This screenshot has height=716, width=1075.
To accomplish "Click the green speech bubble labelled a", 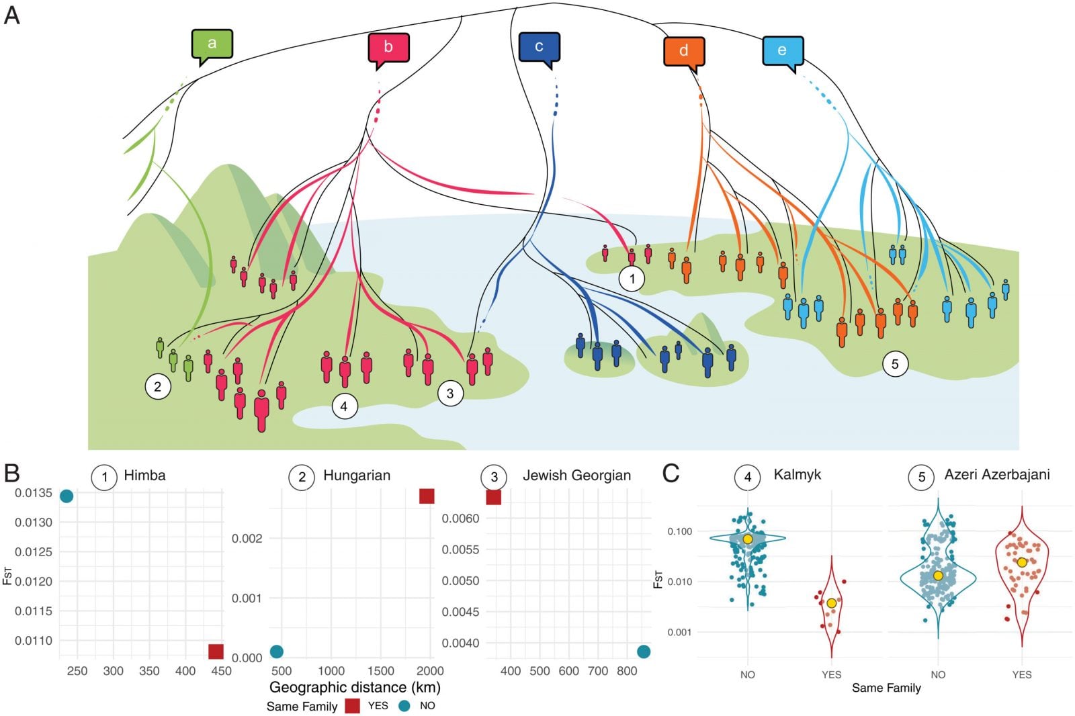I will pos(212,44).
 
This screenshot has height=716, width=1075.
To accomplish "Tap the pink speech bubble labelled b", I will pos(388,48).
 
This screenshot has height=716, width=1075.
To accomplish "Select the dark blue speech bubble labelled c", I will pos(539,48).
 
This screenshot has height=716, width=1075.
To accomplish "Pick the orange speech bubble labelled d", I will pos(683,51).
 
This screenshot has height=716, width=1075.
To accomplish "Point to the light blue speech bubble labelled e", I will pos(782,50).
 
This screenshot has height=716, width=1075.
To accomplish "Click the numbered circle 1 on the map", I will pos(632,278).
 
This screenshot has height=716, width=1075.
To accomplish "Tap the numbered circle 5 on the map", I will pos(895,364).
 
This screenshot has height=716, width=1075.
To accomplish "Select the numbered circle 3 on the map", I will pos(450,394).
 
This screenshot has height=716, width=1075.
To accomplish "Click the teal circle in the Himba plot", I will pos(67,496).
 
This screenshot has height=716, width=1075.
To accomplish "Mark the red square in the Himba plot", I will pos(216,652).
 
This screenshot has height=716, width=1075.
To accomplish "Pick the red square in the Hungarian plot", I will pos(427,496).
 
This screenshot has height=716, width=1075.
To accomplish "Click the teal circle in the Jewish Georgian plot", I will pos(643,652).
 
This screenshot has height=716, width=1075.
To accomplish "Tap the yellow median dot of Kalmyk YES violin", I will pos(831,603).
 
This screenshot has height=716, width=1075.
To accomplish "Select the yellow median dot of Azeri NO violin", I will pos(938,576).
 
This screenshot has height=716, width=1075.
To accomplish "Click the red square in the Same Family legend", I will pos(352,706).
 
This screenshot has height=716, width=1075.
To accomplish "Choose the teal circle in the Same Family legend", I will pos(404,706).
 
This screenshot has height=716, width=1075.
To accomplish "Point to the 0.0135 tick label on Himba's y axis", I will pos(34,494).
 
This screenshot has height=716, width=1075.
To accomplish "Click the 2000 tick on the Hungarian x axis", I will pos(431,671).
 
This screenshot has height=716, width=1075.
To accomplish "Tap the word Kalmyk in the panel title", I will pos(797,475).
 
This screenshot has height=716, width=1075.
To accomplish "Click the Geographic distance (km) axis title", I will pos(355,687).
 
